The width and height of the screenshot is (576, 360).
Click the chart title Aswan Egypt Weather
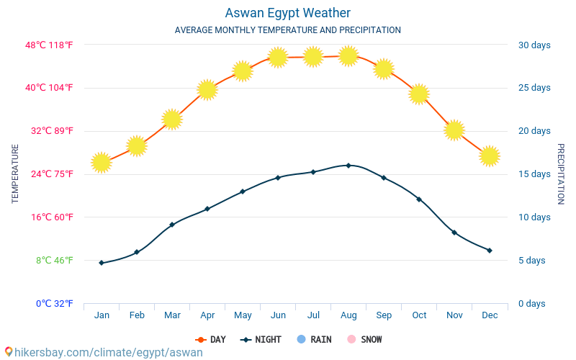coord(287,13)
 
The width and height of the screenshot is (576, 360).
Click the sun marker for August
coord(348,55)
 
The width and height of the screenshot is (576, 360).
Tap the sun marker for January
coord(102,163)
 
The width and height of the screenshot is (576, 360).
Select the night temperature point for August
coord(348,166)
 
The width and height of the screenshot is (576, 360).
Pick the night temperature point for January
coord(102,263)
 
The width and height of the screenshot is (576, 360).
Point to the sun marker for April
coord(207,89)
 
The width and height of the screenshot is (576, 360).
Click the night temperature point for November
coord(454,233)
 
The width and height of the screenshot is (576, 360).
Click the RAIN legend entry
coord(314,339)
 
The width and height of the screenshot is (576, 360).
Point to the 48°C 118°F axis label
coord(49,45)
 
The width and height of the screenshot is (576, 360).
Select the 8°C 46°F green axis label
coord(54,260)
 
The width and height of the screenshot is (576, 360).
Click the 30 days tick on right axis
coord(534,45)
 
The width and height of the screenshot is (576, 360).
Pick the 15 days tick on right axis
coord(534,174)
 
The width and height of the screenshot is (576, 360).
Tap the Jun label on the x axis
coord(278,315)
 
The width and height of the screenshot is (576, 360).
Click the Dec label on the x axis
coord(490,315)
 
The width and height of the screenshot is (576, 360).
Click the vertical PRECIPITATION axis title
coord(561,174)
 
